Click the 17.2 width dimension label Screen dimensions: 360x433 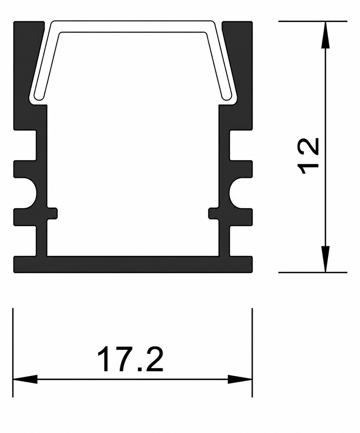tap(130, 359)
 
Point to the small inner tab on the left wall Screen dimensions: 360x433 tap(53, 213)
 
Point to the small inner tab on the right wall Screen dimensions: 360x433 tap(213, 213)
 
